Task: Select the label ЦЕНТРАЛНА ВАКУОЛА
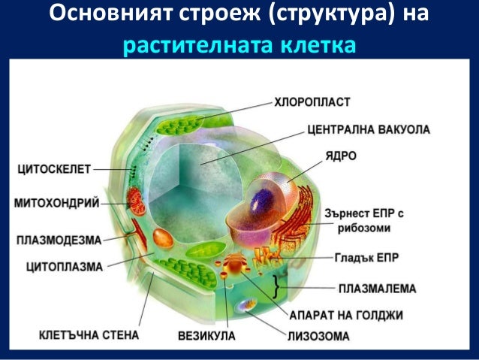click(368, 129)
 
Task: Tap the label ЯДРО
click(339, 156)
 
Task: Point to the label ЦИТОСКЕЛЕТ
click(53, 170)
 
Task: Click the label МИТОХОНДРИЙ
click(56, 203)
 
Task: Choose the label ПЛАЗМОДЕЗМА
click(58, 241)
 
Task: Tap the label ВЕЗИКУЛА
click(206, 334)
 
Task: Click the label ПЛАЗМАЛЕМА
click(377, 288)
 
